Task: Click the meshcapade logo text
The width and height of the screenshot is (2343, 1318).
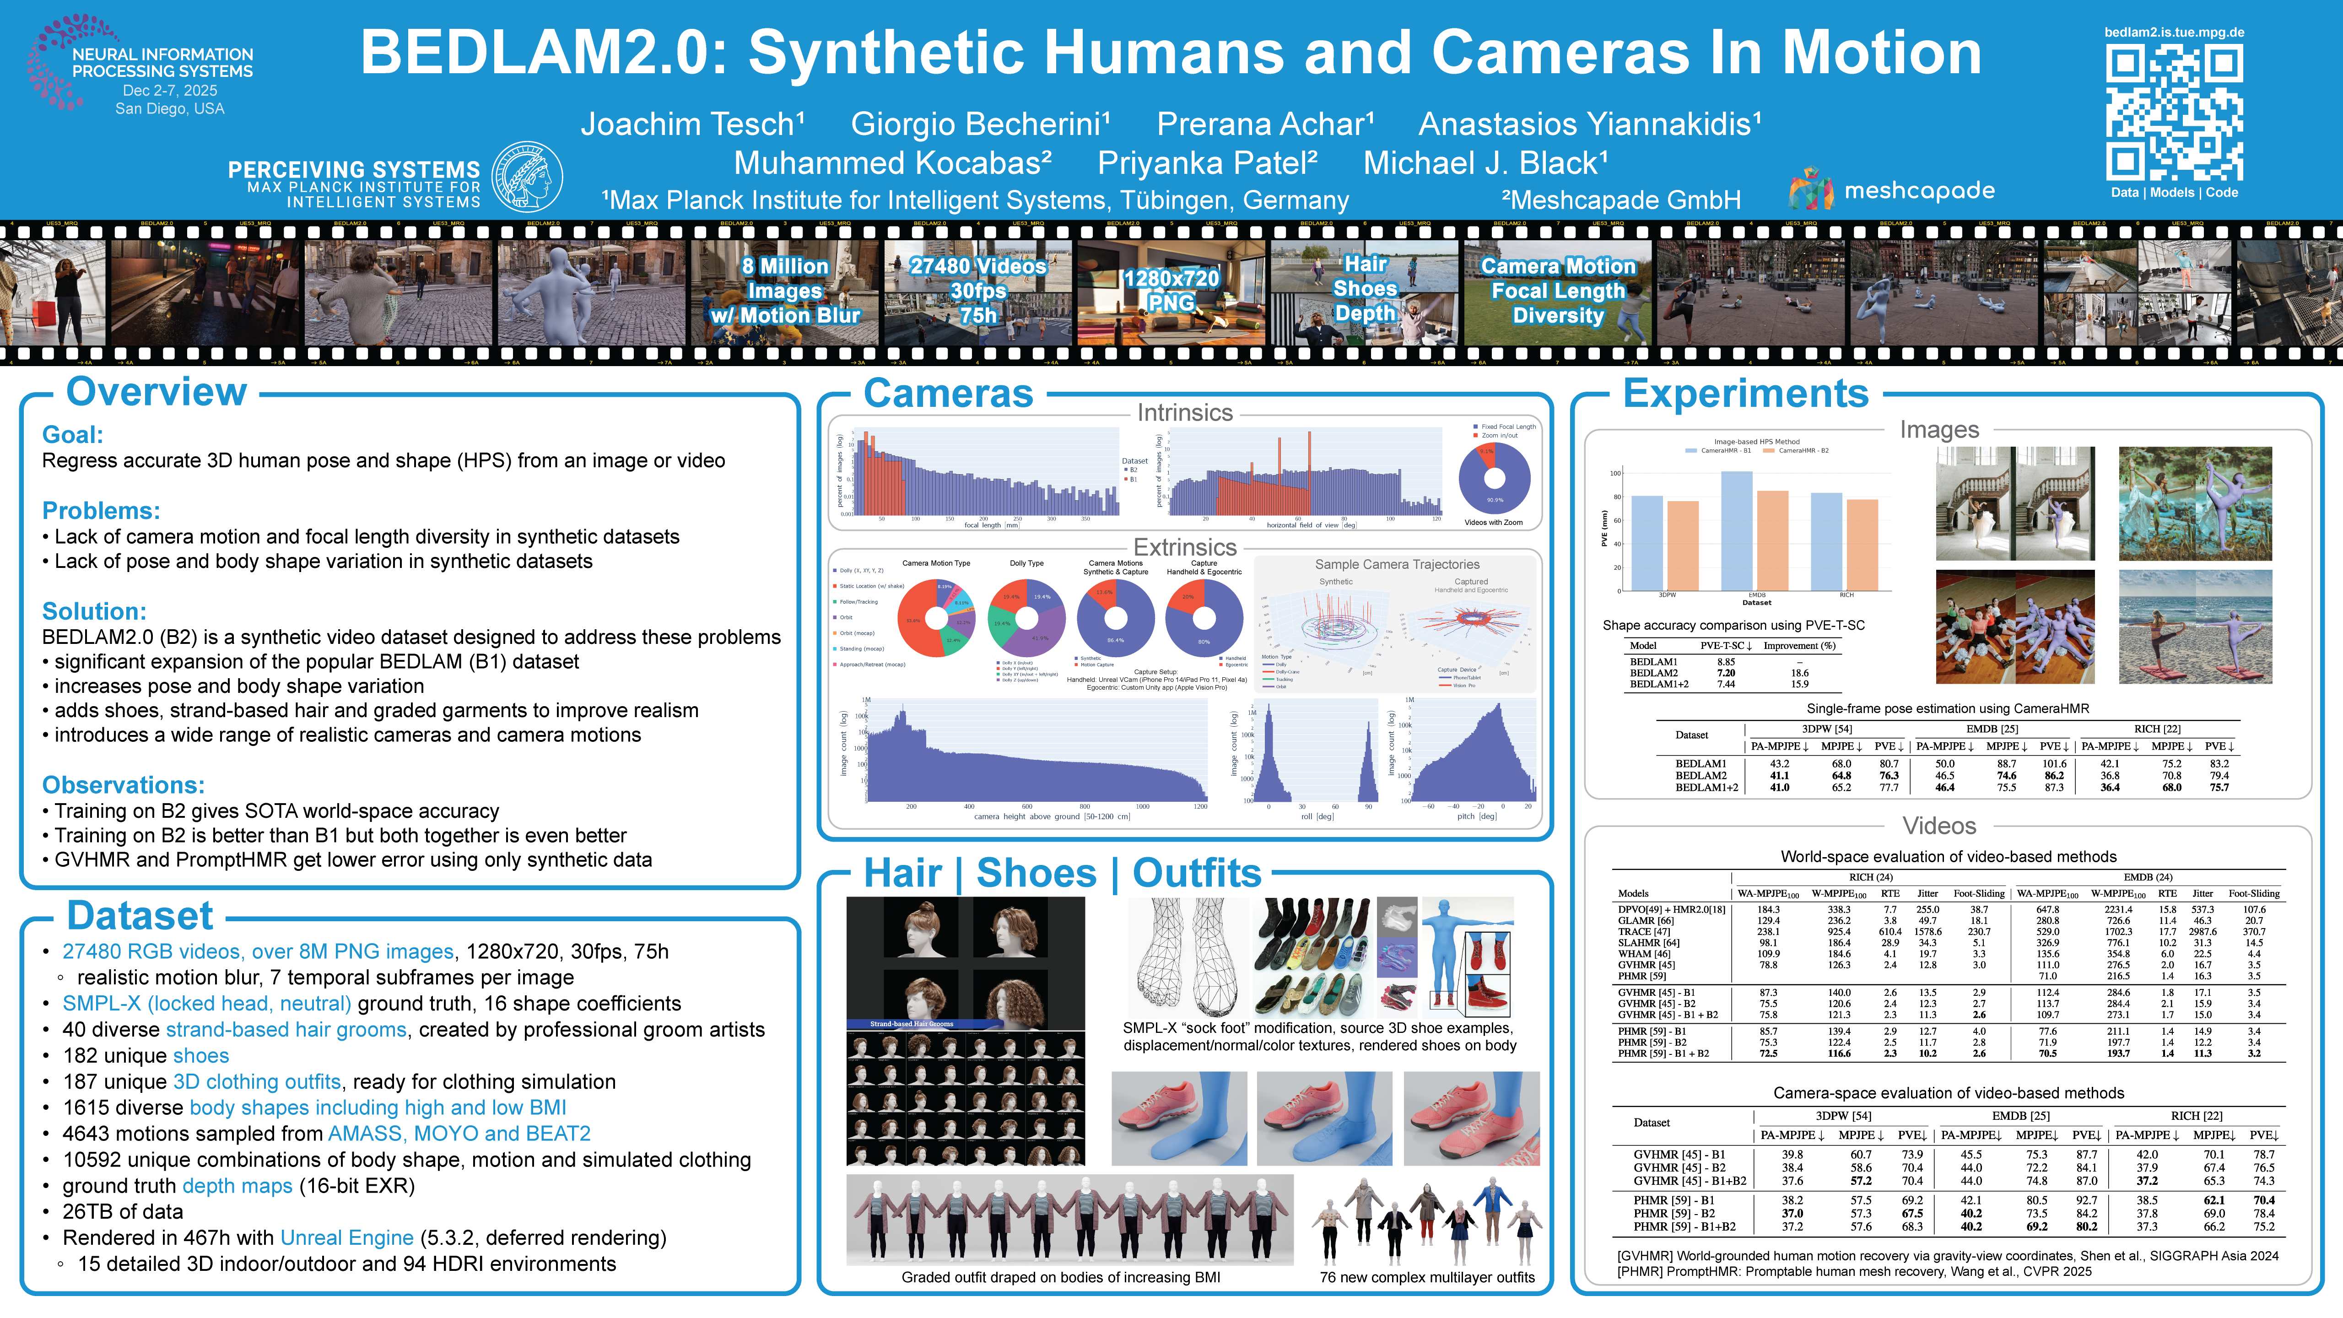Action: [1919, 191]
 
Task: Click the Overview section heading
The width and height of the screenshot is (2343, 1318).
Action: [157, 392]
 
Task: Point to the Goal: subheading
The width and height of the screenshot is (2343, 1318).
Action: [73, 435]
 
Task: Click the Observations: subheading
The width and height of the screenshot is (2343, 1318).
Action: [124, 785]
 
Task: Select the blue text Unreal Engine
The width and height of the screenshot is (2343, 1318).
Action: [346, 1238]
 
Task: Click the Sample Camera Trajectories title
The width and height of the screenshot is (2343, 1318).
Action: [1397, 565]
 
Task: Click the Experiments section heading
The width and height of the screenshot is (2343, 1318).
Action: [1745, 394]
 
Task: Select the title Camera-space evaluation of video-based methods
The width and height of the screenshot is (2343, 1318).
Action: [1948, 1093]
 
